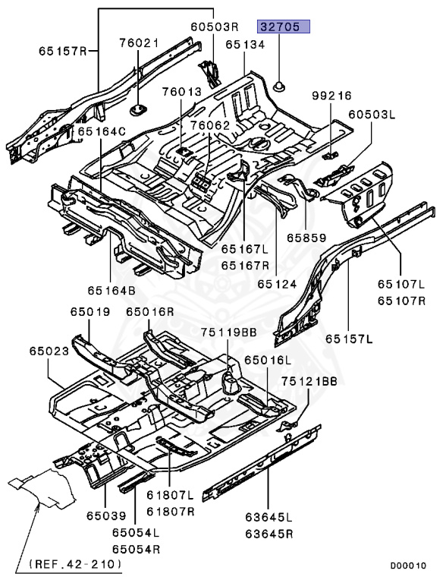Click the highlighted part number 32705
coord(284,27)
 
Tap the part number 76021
coord(139,43)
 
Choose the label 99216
coord(332,96)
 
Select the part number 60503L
coord(372,115)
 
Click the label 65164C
coord(102,131)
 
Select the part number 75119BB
coord(229,332)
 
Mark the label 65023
coord(50,351)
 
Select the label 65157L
coord(350,339)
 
